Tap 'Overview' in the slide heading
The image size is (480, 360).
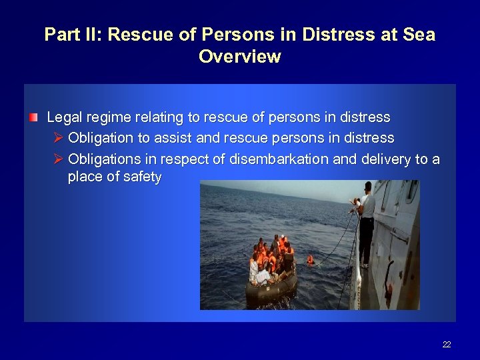tap(239, 57)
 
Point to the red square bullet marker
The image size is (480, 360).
tap(33, 117)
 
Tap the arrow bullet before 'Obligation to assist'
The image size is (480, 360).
tap(57, 138)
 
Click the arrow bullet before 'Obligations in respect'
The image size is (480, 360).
tap(57, 159)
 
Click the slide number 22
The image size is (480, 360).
tap(446, 345)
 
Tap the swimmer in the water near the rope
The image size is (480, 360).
tap(310, 260)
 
